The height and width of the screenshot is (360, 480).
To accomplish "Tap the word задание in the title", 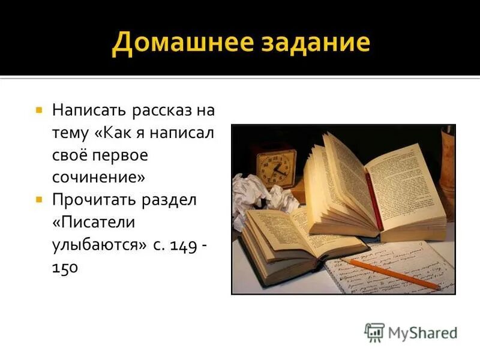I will coord(313,44).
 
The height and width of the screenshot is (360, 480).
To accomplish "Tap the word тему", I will coord(70,133).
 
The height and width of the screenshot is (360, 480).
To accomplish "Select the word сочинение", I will coord(98,177).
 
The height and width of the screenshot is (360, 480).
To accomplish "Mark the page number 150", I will coord(65,266).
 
